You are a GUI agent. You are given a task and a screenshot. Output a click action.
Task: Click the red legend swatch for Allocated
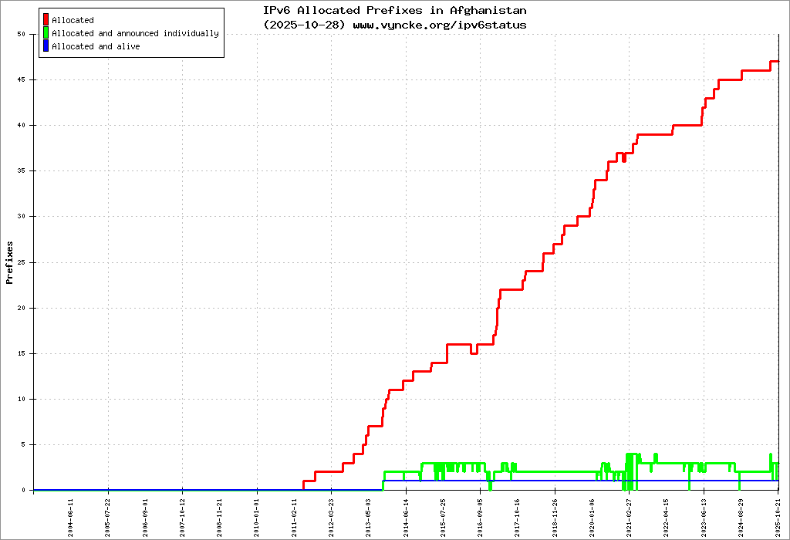[x=46, y=20]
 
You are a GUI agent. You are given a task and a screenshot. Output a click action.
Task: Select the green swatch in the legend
[x=46, y=33]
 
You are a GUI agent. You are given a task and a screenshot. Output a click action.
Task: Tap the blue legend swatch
[x=46, y=46]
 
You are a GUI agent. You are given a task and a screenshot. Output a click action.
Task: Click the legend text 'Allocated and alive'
[x=96, y=46]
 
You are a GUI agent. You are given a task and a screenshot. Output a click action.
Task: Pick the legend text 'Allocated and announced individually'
[x=135, y=33]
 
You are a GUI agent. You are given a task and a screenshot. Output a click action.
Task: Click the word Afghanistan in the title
[x=490, y=11]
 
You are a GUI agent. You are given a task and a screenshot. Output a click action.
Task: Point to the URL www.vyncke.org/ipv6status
[x=440, y=25]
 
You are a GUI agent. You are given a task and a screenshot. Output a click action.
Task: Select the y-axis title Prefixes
[x=10, y=262]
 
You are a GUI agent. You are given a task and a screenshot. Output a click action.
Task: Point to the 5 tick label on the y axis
[x=24, y=444]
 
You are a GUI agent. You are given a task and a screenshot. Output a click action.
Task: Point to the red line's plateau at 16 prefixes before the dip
[x=459, y=344]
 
